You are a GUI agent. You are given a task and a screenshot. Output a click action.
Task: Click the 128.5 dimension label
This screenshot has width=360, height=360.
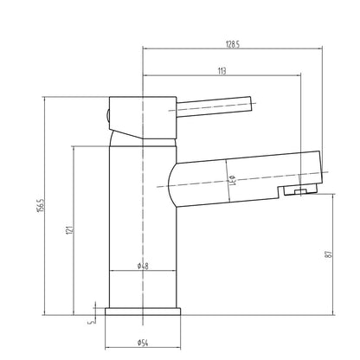[x=233, y=44]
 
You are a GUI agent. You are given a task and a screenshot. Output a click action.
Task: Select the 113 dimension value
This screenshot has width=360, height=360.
[x=222, y=71]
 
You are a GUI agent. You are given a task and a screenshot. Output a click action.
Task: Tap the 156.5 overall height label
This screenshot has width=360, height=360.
[x=40, y=205]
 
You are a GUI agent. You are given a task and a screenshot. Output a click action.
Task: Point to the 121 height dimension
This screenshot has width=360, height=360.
[x=69, y=229]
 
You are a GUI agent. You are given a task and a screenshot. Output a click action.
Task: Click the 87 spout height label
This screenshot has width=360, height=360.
[x=328, y=254]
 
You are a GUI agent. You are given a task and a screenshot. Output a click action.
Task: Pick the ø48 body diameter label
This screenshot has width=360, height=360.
[x=143, y=266]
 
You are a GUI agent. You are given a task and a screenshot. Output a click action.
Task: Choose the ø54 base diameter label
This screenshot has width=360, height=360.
[x=143, y=343]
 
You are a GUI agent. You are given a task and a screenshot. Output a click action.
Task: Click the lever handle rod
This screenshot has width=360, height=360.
[x=214, y=106]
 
